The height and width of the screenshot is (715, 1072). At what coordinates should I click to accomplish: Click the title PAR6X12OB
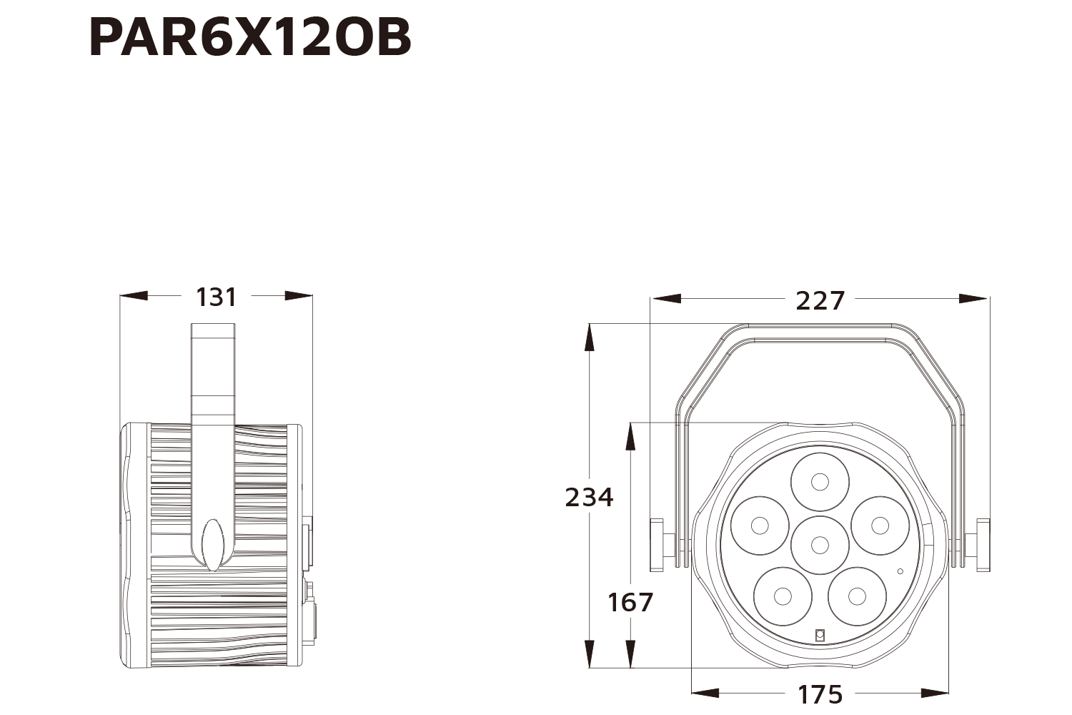250,37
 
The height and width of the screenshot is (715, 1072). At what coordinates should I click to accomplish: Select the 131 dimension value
217,297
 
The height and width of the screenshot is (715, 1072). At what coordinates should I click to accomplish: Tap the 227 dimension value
820,301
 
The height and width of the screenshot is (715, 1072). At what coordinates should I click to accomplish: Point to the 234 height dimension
589,497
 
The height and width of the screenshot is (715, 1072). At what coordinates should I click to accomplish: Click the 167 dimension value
630,602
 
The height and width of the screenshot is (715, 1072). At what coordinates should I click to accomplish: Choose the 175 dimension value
820,694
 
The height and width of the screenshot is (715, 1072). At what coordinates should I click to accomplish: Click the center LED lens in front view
820,545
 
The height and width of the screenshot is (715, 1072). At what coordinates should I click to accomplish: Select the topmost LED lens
820,482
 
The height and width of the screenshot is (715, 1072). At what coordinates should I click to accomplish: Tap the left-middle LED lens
760,526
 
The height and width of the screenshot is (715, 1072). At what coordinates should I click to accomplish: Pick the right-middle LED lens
880,526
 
